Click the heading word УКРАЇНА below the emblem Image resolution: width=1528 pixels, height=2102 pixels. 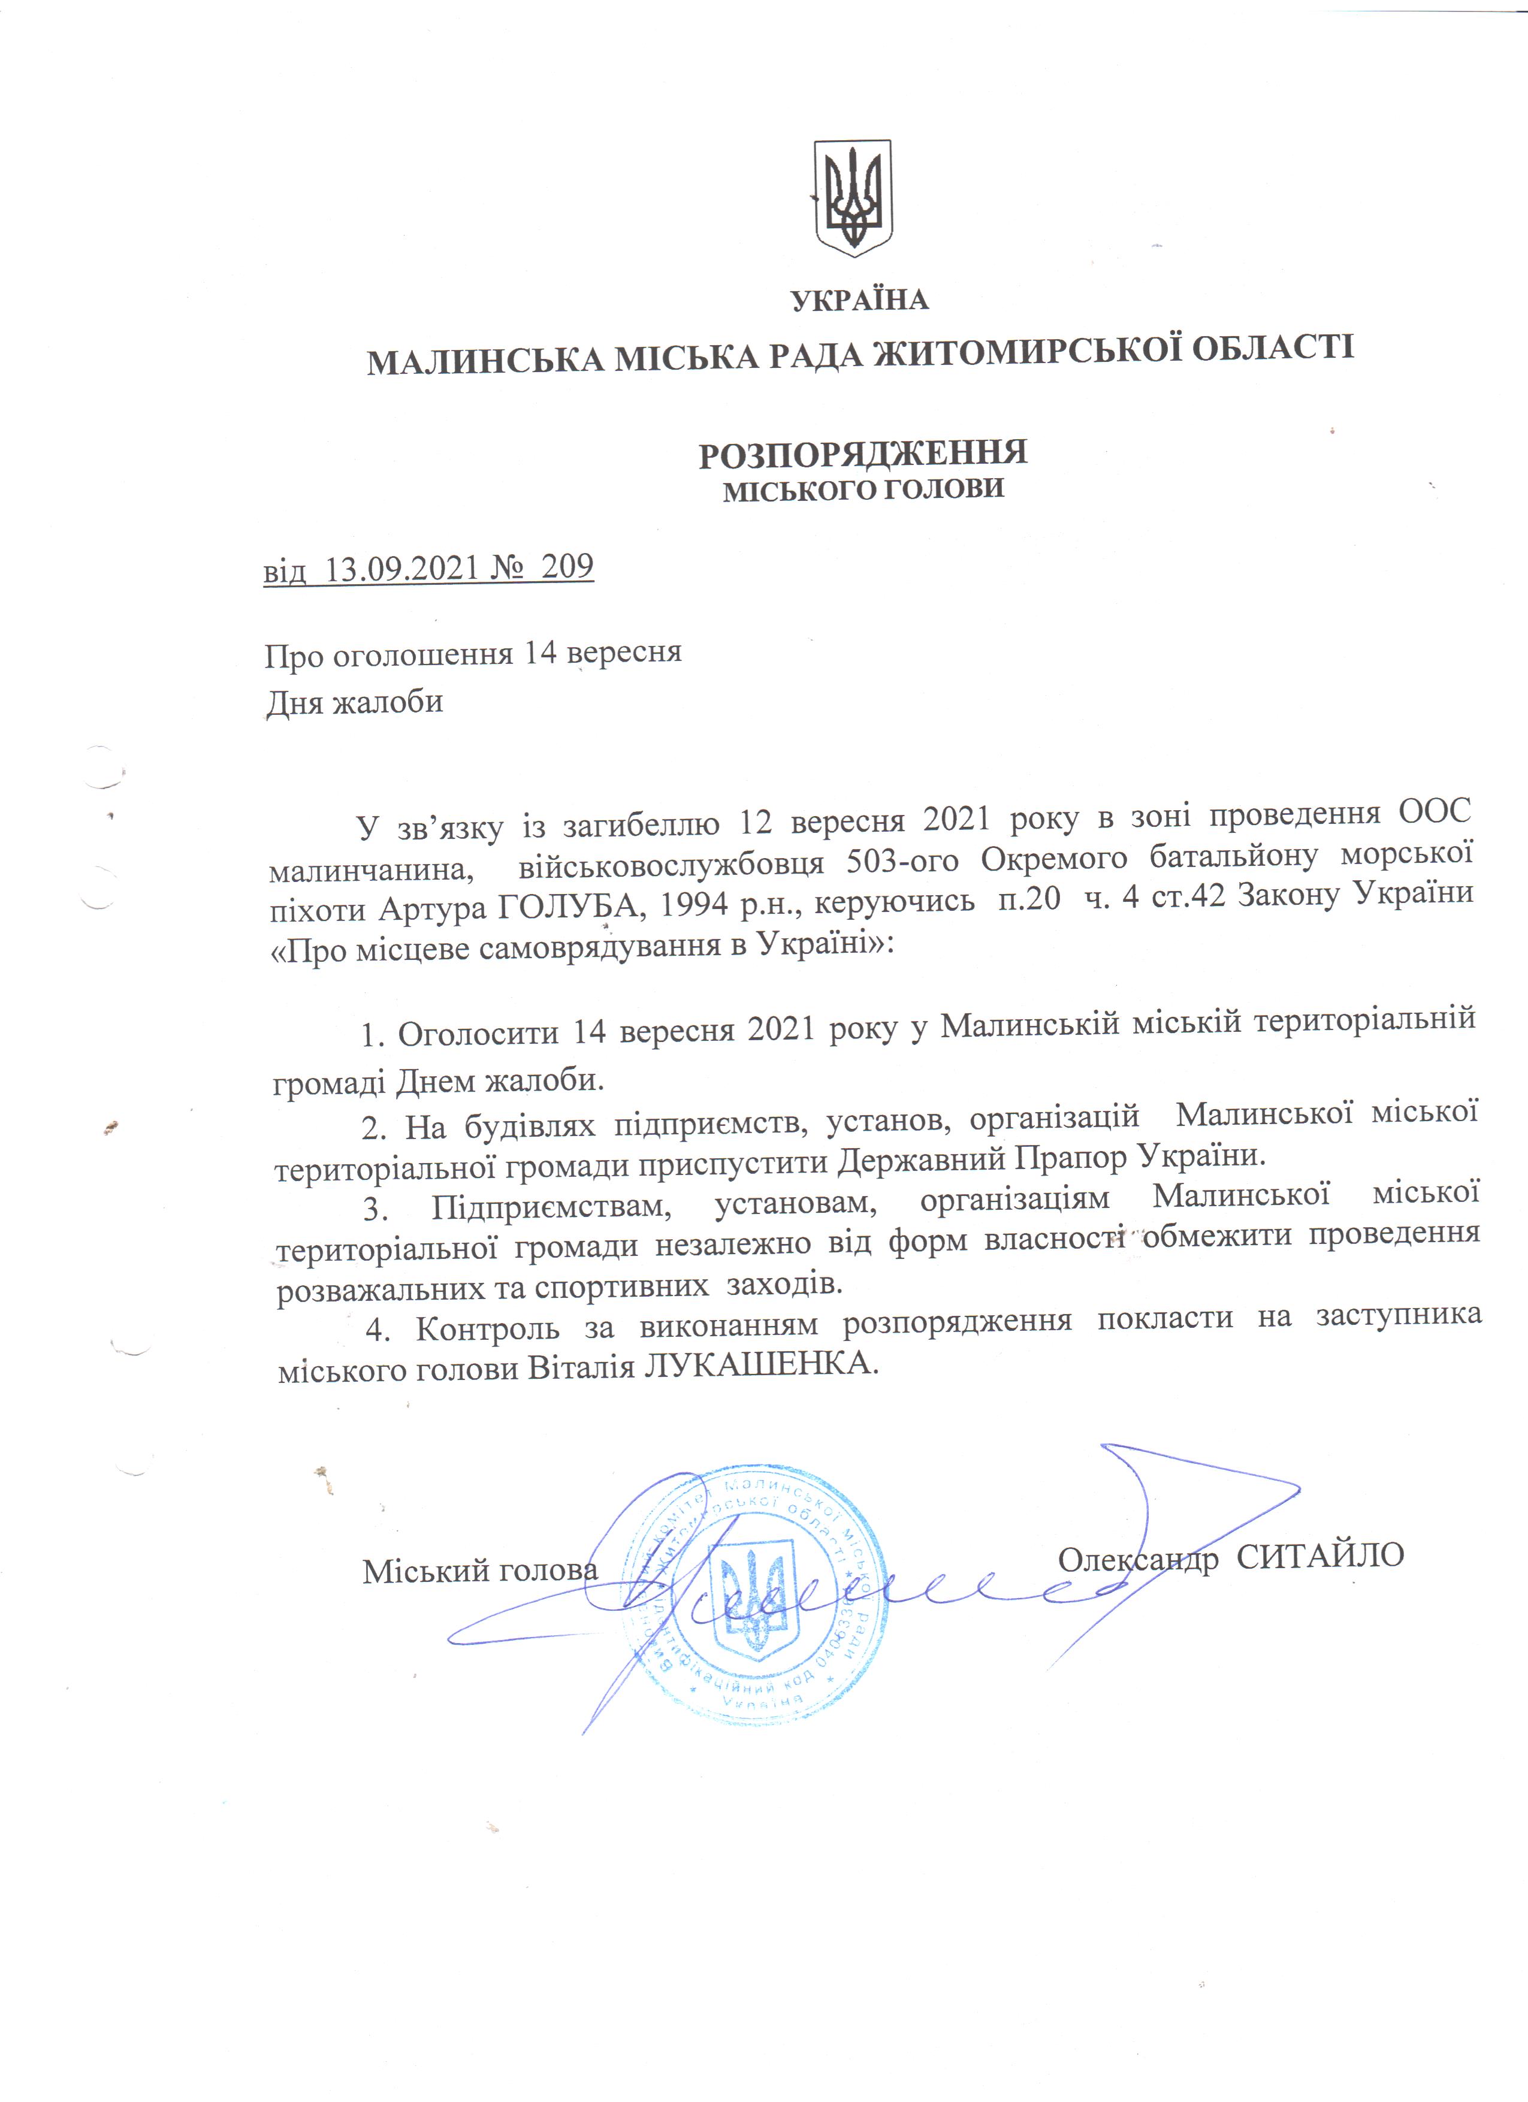click(x=859, y=300)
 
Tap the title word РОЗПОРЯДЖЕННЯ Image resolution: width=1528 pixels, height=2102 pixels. click(x=863, y=454)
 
